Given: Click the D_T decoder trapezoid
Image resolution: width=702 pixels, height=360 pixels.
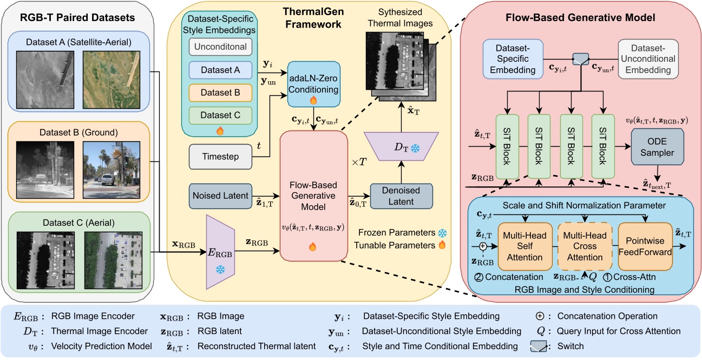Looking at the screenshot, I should (x=401, y=147).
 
